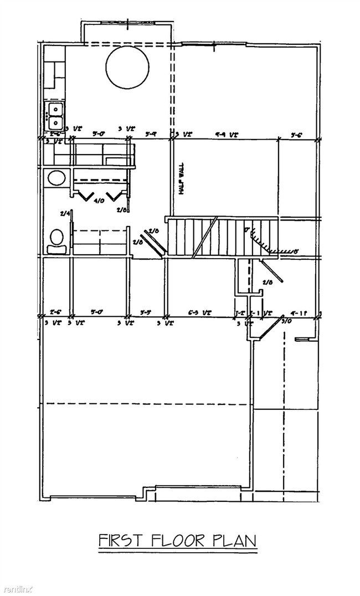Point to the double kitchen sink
(x=55, y=115)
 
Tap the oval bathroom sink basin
(x=55, y=178)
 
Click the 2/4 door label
(x=65, y=213)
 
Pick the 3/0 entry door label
(x=286, y=321)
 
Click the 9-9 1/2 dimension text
(x=227, y=134)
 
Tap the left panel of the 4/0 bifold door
(x=85, y=195)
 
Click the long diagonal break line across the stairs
(x=204, y=238)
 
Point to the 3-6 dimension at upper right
(x=296, y=134)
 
